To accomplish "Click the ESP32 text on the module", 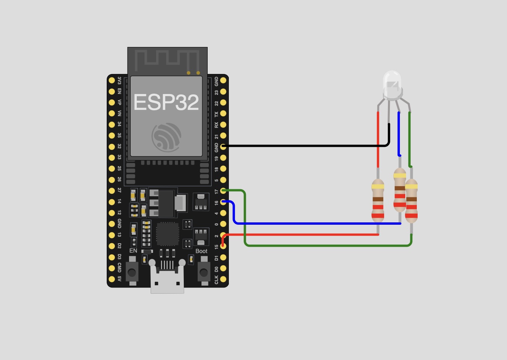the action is pos(166,102).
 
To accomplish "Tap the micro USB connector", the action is pos(167,278).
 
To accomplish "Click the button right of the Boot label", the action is pos(204,271).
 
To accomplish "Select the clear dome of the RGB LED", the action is pos(392,85).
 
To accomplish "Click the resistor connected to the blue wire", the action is pos(400,190).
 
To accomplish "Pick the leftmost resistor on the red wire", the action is pos(378,200).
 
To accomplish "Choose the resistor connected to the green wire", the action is pos(411,201).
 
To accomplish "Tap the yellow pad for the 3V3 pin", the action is pos(112,81).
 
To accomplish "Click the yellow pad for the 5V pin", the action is pos(112,279).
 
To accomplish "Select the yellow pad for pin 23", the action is pos(223,91).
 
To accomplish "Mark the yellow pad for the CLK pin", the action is pos(223,279).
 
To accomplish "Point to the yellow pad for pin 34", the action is pos(112,124).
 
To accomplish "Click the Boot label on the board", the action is pos(201,251).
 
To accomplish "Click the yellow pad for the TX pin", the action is pos(223,113).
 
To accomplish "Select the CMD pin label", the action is pos(119,267).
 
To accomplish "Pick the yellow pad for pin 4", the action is pos(223,213).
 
